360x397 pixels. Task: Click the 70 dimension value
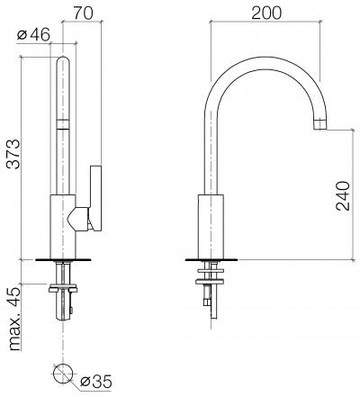[x=83, y=14]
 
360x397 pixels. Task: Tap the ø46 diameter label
[x=33, y=35]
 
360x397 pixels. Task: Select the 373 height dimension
[x=14, y=154]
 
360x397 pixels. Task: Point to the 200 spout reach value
[x=266, y=13]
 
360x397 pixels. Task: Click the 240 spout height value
[x=343, y=195]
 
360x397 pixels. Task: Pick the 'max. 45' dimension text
[x=15, y=318]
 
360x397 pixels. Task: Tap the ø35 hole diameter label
[x=96, y=382]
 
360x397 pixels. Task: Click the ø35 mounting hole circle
[x=63, y=374]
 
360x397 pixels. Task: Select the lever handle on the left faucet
[x=95, y=198]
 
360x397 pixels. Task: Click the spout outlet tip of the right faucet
[x=319, y=124]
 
